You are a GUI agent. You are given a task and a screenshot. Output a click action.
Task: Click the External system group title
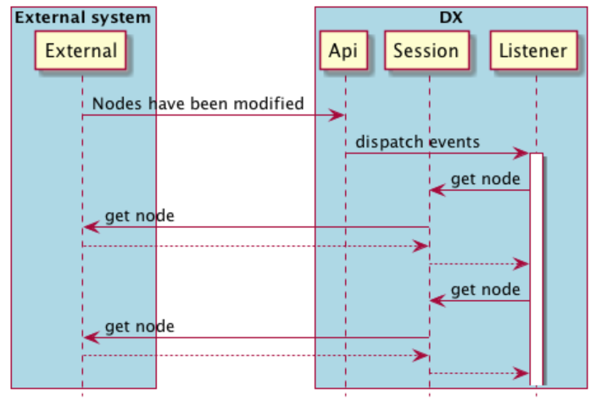(83, 17)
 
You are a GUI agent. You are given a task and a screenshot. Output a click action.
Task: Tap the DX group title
(450, 17)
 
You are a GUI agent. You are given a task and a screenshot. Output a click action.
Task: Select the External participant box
(82, 51)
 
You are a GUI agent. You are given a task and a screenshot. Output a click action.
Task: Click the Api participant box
(345, 51)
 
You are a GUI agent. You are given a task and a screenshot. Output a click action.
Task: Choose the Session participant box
(426, 51)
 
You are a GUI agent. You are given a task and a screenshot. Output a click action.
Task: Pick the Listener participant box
(533, 51)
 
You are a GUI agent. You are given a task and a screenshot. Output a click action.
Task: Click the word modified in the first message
(270, 104)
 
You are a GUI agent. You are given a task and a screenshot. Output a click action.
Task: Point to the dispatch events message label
(417, 142)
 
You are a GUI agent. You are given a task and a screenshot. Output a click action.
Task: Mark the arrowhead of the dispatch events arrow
(524, 153)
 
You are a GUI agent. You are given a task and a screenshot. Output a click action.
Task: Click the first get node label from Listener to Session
(485, 179)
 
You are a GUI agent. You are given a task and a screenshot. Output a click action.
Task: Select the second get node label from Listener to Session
(485, 289)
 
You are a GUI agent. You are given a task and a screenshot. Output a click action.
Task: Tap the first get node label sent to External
(140, 215)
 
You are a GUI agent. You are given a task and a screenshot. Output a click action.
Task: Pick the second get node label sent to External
(140, 326)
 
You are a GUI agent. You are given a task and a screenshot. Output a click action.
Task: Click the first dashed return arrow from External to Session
(254, 246)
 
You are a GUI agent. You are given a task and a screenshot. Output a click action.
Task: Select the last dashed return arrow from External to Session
(254, 356)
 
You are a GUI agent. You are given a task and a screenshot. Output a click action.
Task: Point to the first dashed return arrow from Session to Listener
(479, 264)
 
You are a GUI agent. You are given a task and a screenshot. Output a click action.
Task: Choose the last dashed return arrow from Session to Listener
(479, 373)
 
